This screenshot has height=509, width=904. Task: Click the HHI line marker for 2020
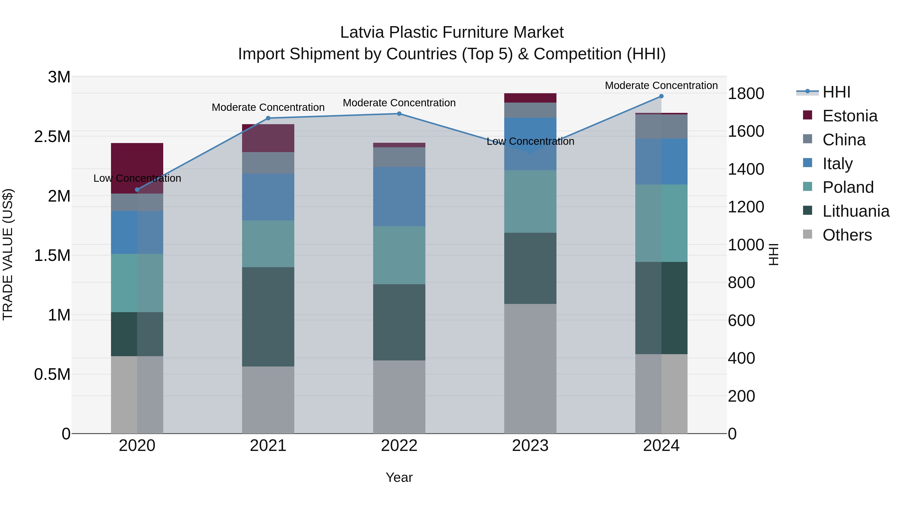137,190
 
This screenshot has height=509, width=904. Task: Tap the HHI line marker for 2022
399,113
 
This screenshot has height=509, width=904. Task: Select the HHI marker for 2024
661,96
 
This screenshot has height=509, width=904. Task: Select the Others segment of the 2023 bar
530,368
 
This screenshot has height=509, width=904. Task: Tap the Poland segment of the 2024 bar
661,223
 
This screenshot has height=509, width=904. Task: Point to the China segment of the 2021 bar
268,163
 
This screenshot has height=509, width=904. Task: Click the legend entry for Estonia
850,116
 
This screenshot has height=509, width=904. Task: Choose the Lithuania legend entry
856,211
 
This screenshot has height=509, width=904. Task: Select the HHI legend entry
836,92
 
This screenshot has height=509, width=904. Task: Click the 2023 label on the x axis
530,445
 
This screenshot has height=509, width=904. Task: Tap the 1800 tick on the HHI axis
746,94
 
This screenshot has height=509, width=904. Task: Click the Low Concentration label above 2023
530,141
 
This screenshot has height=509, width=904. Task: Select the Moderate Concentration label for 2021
268,107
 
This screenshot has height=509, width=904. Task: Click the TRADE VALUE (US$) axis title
8,254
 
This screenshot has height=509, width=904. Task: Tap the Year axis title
399,477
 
